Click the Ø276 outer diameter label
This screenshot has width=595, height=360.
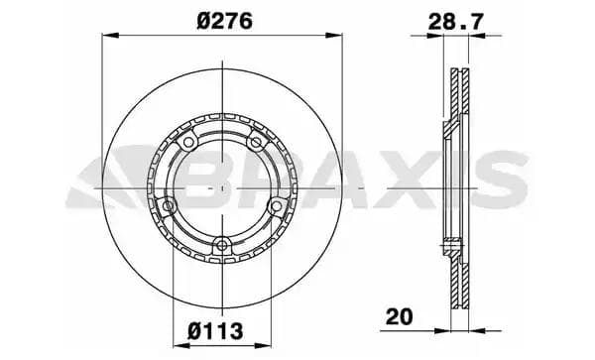(x=223, y=18)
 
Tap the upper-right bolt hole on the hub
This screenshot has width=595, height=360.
(x=258, y=143)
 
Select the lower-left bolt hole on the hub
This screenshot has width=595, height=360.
(x=168, y=206)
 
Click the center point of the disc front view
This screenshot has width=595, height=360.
(x=223, y=186)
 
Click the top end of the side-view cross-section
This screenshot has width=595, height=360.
(x=458, y=72)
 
